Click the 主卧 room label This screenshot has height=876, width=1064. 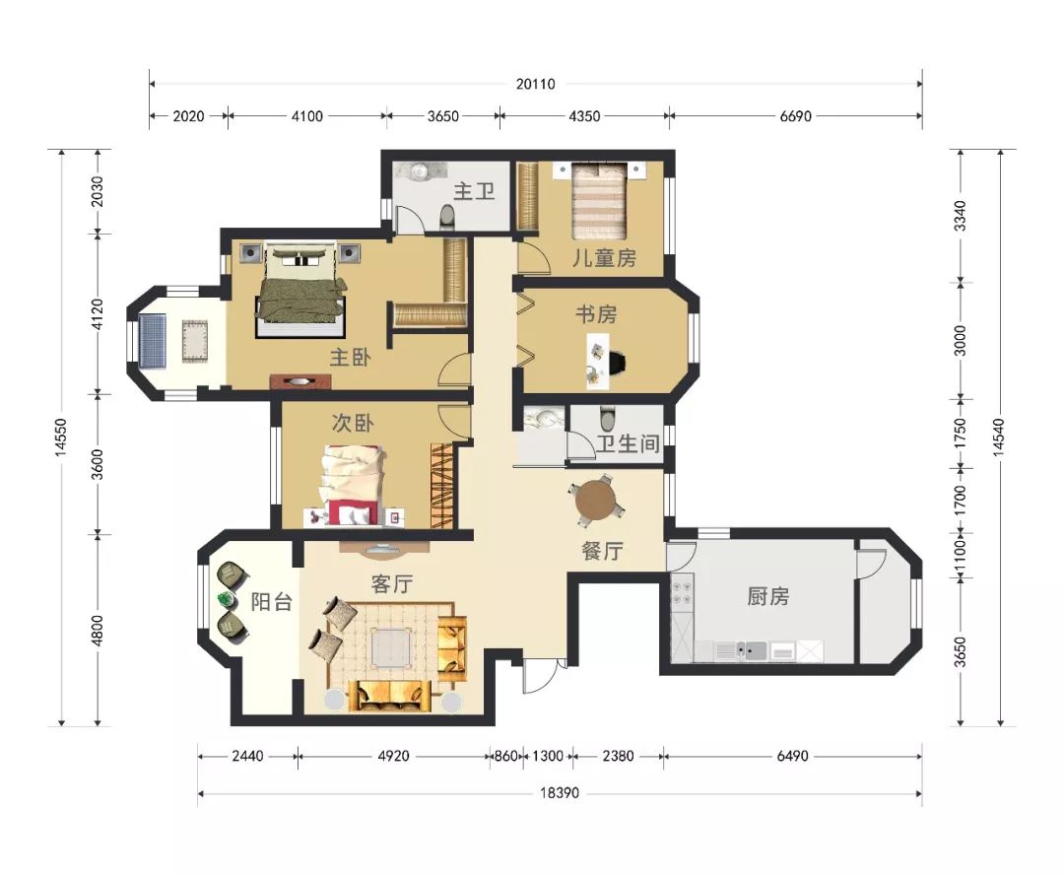[x=350, y=357]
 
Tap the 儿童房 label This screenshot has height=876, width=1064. [x=604, y=258]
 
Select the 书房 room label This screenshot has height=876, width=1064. [x=596, y=314]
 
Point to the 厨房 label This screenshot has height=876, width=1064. [x=768, y=596]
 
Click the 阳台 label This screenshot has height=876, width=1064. [x=272, y=601]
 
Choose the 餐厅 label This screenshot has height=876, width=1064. [x=602, y=550]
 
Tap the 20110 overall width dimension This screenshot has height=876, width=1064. [x=535, y=84]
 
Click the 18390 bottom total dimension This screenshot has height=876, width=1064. [x=560, y=792]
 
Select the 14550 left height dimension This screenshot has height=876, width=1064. [x=62, y=437]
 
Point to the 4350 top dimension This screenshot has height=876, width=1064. [x=584, y=116]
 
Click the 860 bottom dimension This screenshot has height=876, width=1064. [x=506, y=756]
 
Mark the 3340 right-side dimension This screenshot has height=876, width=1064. [x=961, y=216]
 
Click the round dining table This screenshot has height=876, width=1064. [x=596, y=501]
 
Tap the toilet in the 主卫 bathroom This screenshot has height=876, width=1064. [x=447, y=217]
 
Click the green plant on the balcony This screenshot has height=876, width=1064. [x=226, y=599]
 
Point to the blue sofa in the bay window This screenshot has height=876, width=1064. [x=153, y=341]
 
